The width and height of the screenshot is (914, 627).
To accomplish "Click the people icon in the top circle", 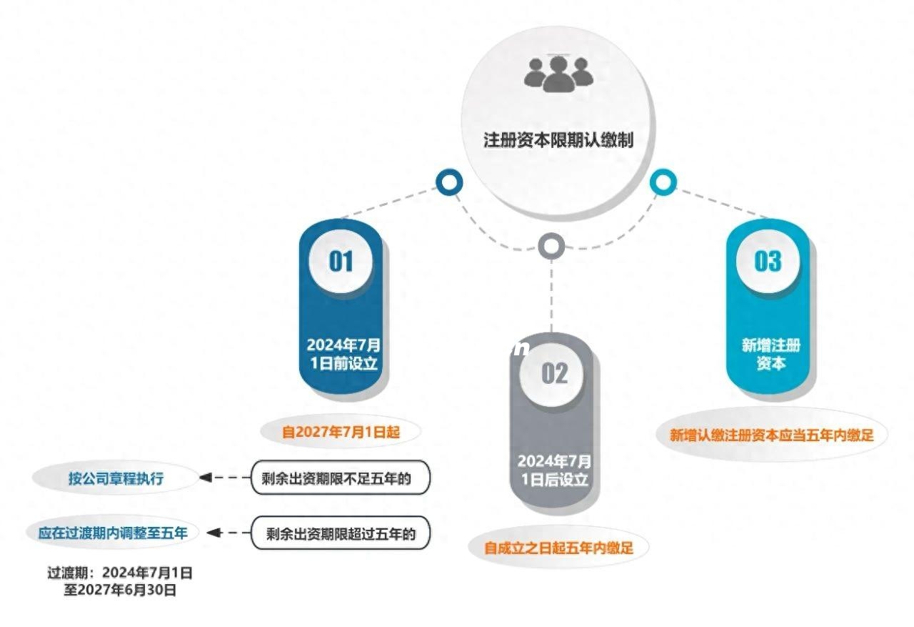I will coord(558,73).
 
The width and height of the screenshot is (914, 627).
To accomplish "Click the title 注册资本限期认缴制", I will coord(558,139).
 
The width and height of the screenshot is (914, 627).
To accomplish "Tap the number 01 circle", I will coord(341,261).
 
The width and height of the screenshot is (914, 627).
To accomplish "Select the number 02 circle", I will coord(554,372).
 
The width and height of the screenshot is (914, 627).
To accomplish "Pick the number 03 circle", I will coord(768,261).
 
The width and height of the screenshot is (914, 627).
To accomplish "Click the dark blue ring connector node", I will coord(448,183).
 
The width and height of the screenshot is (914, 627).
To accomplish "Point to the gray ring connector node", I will coord(551,247).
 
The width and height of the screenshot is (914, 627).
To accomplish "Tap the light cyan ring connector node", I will coord(663,182).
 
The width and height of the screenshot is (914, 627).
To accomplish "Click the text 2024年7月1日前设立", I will coord(343,353).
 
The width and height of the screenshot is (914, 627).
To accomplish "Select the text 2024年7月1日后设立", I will coord(554,470).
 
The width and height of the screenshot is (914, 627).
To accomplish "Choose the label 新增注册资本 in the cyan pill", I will coord(770,354).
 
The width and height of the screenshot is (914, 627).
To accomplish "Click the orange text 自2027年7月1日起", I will coord(340,432).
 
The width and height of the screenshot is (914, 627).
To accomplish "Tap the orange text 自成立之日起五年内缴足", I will coord(558,548).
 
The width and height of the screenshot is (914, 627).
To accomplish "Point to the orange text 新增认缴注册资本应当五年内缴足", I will coord(771,435).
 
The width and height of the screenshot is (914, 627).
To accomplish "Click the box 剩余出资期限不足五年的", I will coord(341,478).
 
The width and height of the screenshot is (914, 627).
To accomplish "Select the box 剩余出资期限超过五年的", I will coord(341,533).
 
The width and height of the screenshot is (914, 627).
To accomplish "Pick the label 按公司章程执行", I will coord(116,478).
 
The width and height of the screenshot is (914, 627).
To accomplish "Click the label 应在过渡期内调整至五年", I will coord(113,533).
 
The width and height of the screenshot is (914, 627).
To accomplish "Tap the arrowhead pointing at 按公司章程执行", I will coord(206,478).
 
